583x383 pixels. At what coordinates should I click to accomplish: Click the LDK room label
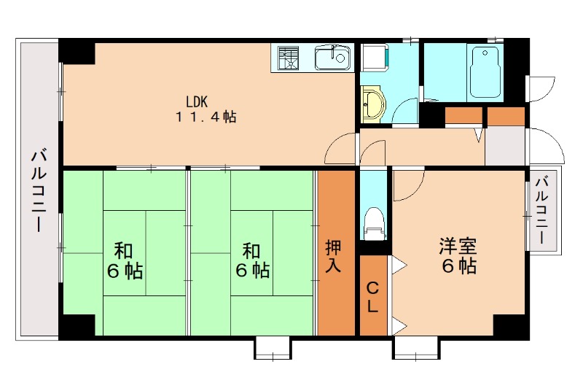(x=197, y=101)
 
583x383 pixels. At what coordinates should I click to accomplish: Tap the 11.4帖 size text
(x=205, y=117)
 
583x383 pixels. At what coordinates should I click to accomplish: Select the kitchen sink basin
(x=332, y=57)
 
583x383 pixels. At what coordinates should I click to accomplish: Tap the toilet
(x=374, y=221)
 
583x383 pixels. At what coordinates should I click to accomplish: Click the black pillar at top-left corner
(x=77, y=51)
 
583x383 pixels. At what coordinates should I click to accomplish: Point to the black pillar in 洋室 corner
(x=510, y=325)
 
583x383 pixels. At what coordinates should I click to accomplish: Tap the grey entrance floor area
(x=505, y=145)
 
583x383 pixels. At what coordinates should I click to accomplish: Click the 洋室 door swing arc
(x=407, y=187)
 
